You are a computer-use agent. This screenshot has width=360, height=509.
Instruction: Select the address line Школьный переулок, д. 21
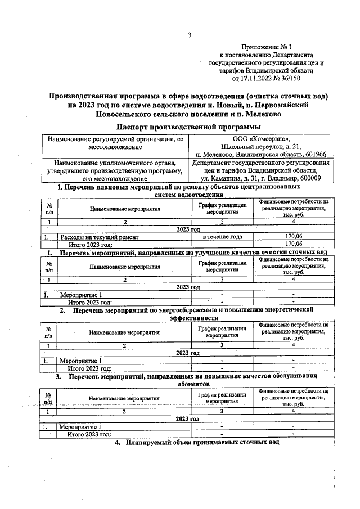pos(259,147)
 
